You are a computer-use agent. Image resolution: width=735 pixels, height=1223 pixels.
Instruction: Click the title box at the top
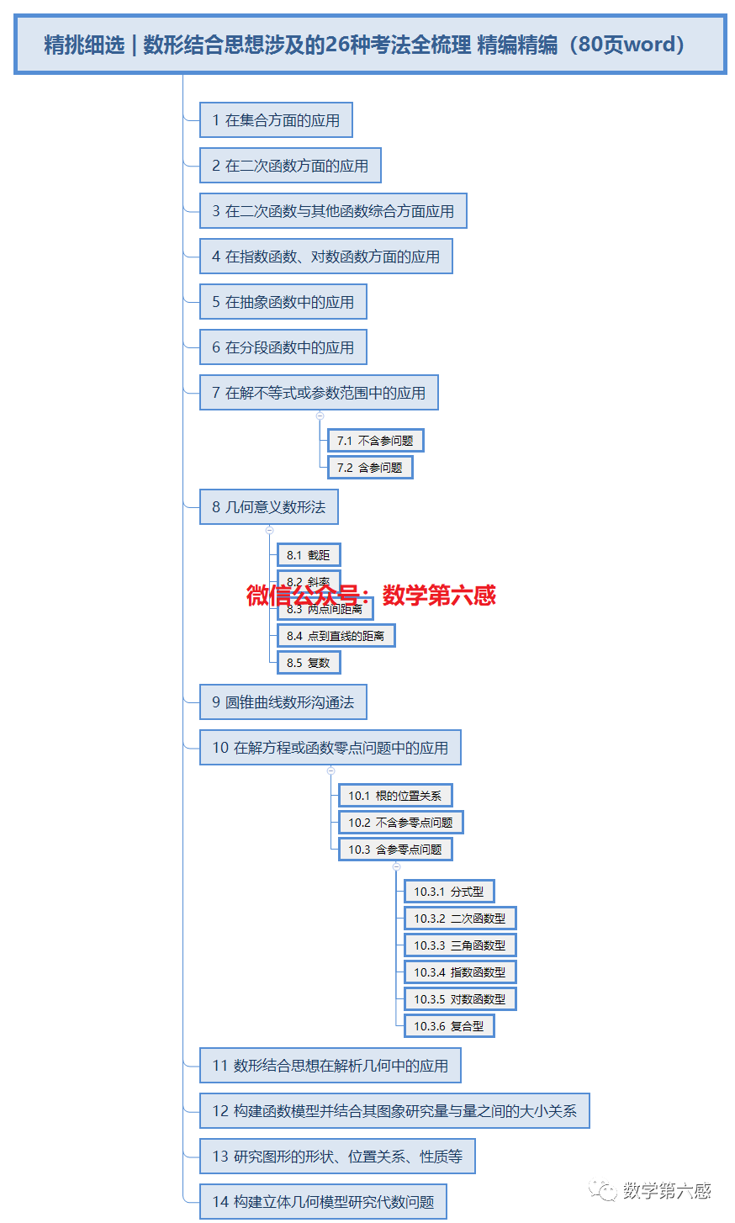click(x=370, y=45)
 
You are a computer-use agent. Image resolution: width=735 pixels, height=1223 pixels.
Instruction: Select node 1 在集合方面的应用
click(x=276, y=120)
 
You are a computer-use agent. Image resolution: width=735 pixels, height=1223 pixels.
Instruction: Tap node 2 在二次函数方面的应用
click(x=290, y=166)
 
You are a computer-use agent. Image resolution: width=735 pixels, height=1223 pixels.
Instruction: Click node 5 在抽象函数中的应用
click(x=283, y=302)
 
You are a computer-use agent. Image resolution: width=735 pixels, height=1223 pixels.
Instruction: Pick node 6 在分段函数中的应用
click(x=283, y=347)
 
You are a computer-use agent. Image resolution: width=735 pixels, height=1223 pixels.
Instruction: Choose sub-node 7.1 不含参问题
click(x=375, y=441)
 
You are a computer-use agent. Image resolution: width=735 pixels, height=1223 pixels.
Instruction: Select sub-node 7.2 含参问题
click(x=370, y=468)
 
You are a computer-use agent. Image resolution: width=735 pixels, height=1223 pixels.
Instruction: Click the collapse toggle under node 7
click(x=320, y=416)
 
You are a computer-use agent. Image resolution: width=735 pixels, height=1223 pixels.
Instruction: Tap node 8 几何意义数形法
click(x=268, y=507)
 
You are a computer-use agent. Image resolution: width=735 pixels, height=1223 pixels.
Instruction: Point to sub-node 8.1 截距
click(x=309, y=555)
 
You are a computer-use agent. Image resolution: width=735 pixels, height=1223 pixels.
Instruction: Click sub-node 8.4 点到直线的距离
click(x=336, y=636)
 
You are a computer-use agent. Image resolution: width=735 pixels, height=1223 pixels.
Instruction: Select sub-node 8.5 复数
click(x=309, y=663)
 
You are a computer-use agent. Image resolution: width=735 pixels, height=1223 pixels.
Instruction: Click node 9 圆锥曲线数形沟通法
click(x=283, y=702)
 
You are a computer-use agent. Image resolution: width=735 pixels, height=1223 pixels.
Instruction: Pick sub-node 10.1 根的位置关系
click(x=394, y=796)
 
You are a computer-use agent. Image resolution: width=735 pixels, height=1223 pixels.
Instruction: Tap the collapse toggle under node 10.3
click(x=396, y=866)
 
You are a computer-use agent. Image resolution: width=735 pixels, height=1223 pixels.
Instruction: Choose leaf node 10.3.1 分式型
click(x=449, y=892)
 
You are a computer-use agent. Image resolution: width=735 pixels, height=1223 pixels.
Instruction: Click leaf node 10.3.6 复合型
click(x=449, y=1026)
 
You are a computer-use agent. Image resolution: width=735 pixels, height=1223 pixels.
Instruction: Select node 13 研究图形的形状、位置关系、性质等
click(x=336, y=1157)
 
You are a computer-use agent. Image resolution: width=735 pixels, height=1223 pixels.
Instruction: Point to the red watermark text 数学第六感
click(x=439, y=596)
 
